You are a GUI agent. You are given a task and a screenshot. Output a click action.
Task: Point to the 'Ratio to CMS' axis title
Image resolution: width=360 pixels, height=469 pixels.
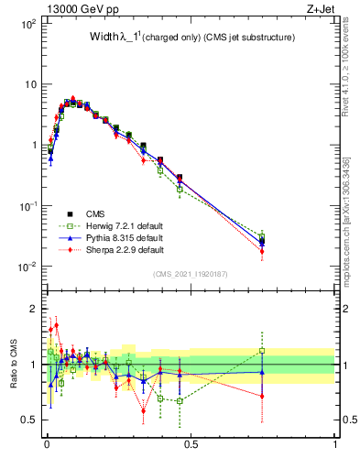14,365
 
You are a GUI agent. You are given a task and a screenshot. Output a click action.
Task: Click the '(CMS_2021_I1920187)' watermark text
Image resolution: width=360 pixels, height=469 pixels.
191,273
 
